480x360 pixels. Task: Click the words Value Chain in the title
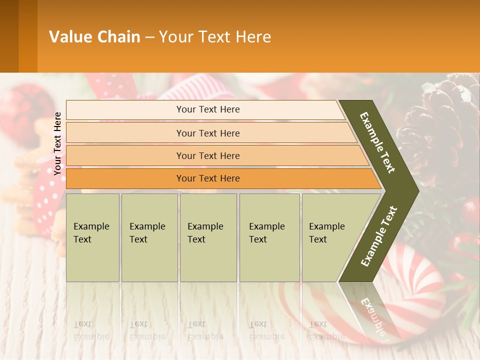pyautogui.click(x=94, y=37)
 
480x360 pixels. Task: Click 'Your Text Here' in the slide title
pyautogui.click(x=215, y=37)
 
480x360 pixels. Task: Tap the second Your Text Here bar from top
pyautogui.click(x=207, y=133)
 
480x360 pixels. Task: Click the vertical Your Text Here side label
pyautogui.click(x=57, y=143)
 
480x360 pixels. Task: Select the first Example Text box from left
pyautogui.click(x=92, y=237)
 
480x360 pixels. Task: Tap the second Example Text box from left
pyautogui.click(x=149, y=237)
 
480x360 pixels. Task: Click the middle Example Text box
pyautogui.click(x=208, y=237)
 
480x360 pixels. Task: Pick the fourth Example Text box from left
pyautogui.click(x=269, y=237)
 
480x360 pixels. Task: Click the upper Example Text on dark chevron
pyautogui.click(x=378, y=142)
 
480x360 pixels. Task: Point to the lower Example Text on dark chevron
pyautogui.click(x=378, y=236)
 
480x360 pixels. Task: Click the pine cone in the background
pyautogui.click(x=440, y=120)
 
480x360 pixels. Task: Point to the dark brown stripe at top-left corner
pyautogui.click(x=9, y=36)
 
